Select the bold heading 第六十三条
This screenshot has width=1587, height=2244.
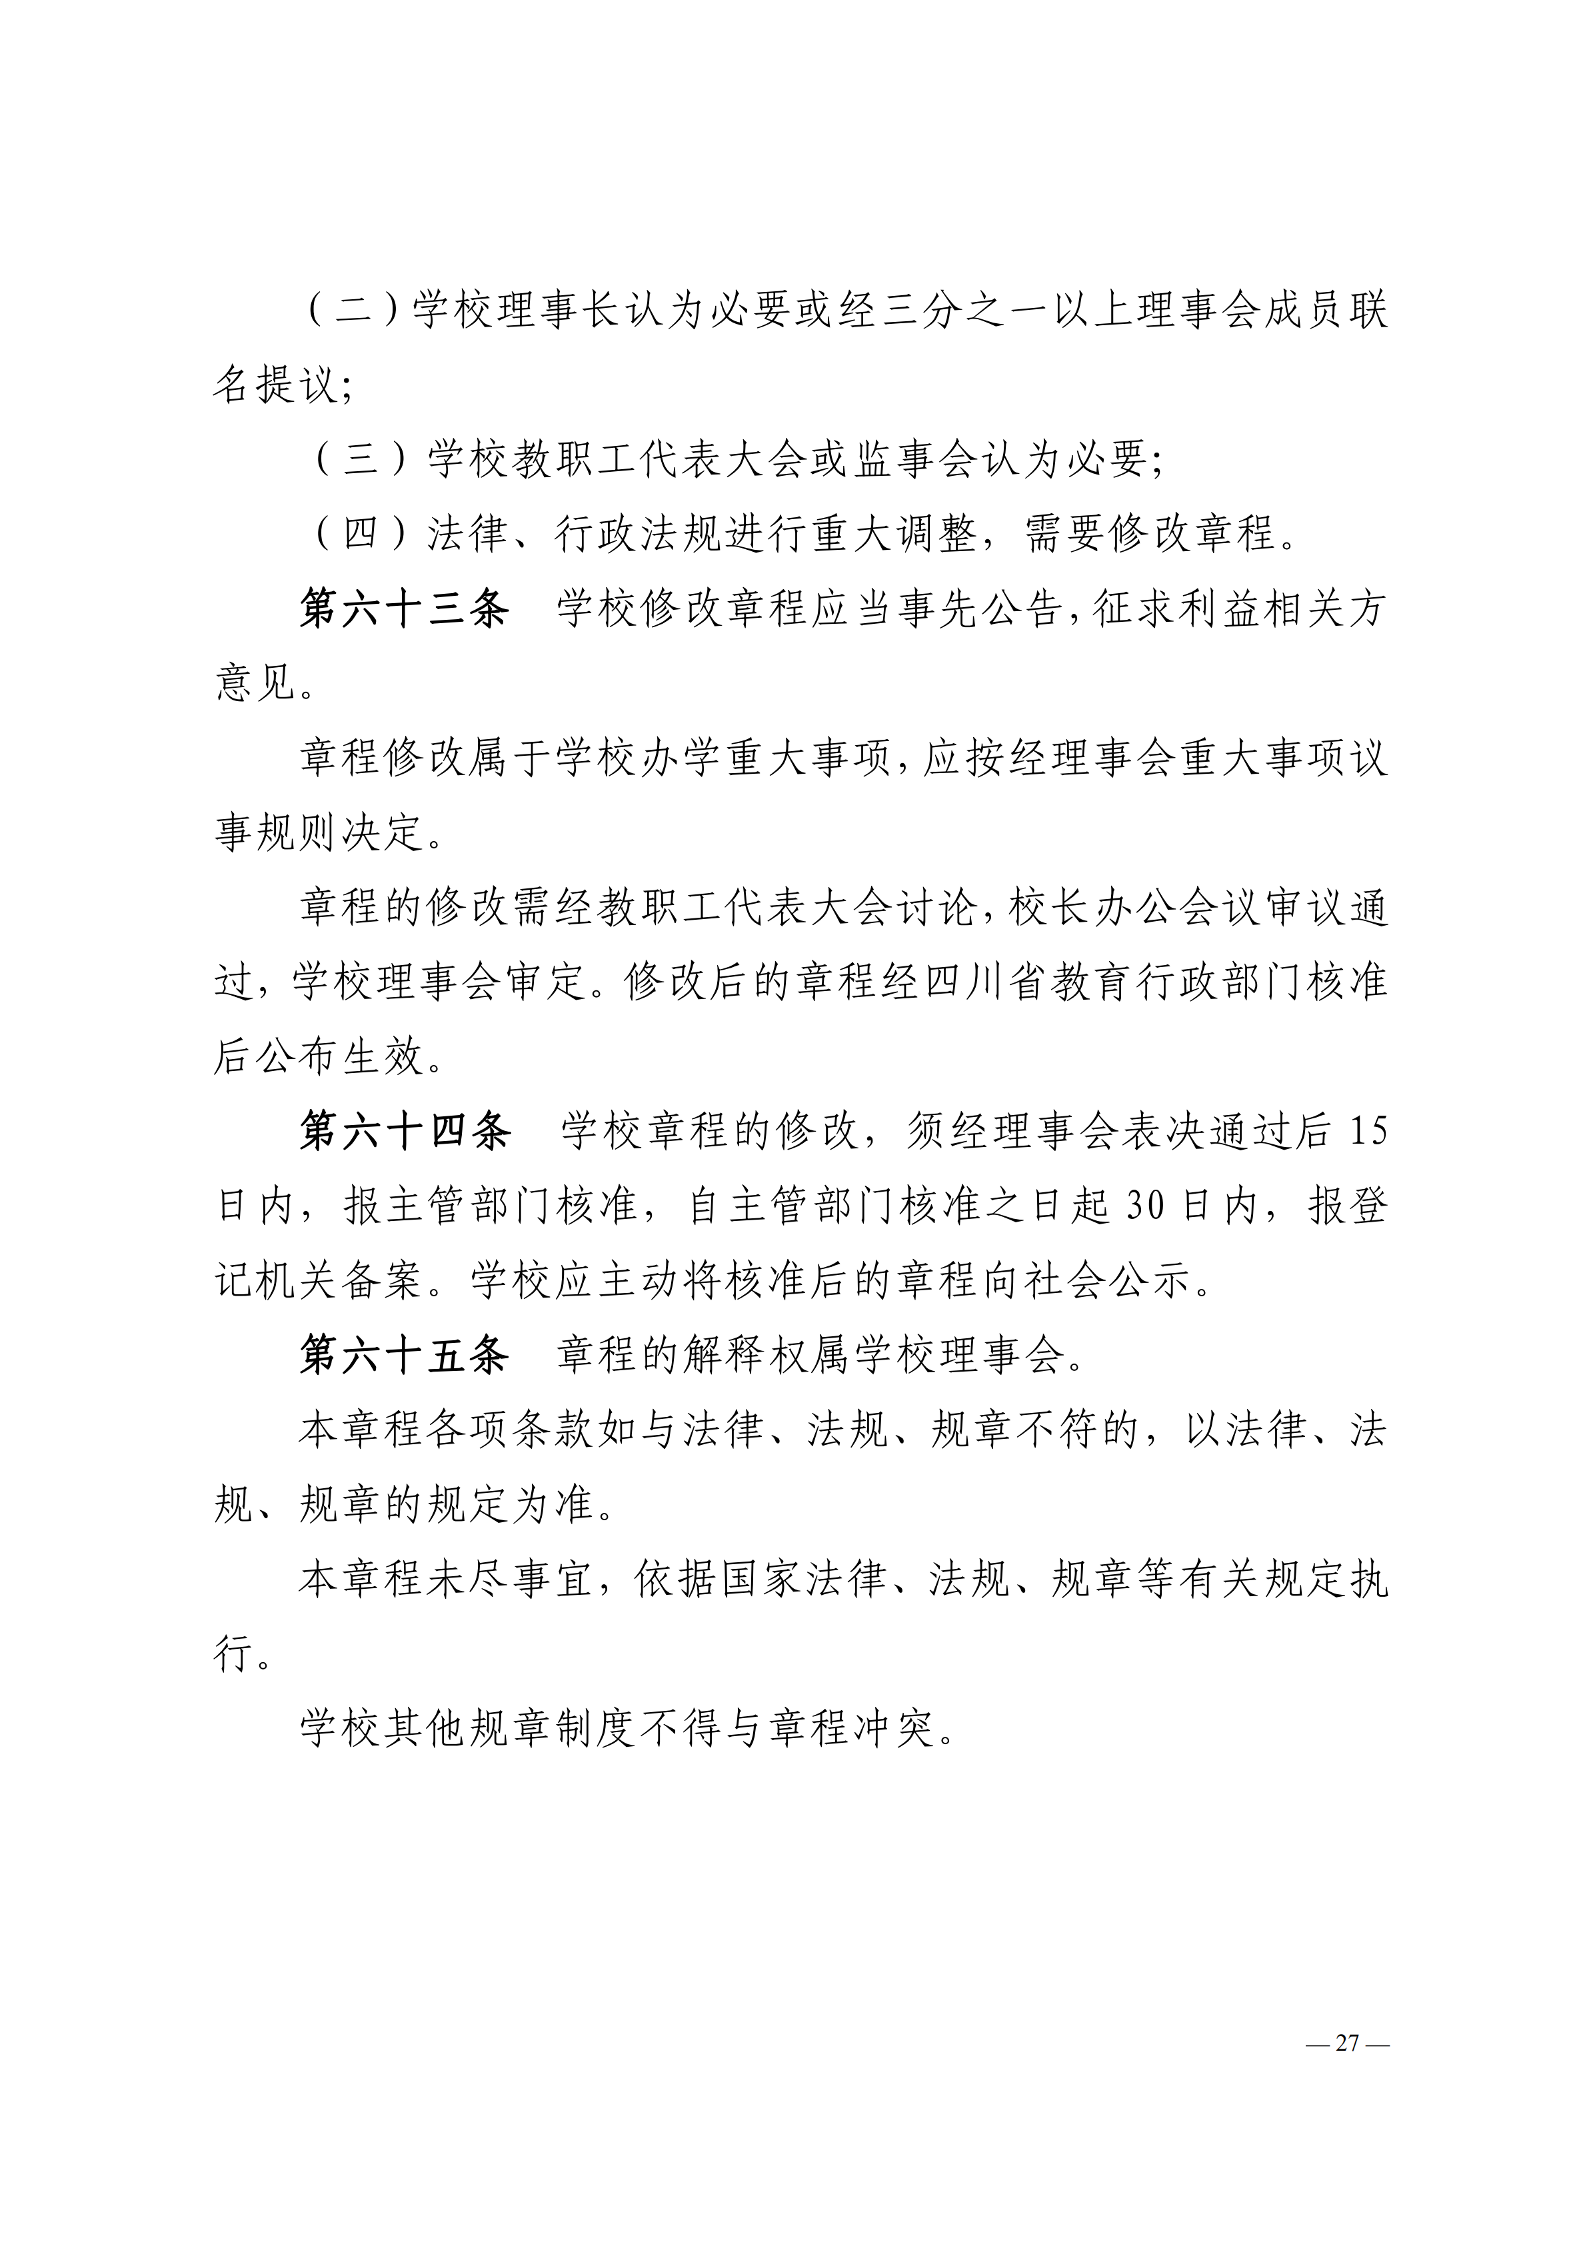[x=405, y=610]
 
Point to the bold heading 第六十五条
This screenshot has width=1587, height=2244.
[x=405, y=1356]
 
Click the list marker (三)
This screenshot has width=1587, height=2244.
[x=361, y=459]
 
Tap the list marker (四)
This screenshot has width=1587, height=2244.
[x=361, y=535]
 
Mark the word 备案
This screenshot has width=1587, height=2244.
[x=383, y=1282]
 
